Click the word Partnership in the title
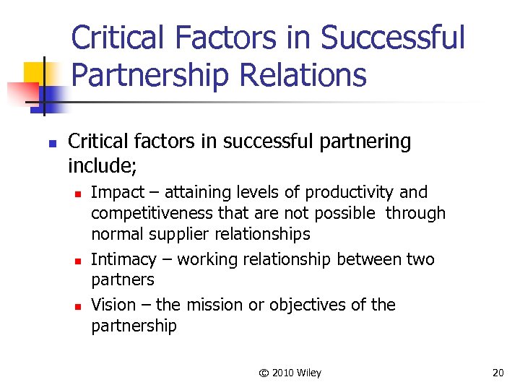coord(147,74)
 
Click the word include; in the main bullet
coord(102,166)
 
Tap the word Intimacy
coord(123,259)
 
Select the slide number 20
coord(498,373)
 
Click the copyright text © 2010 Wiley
coord(290,373)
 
